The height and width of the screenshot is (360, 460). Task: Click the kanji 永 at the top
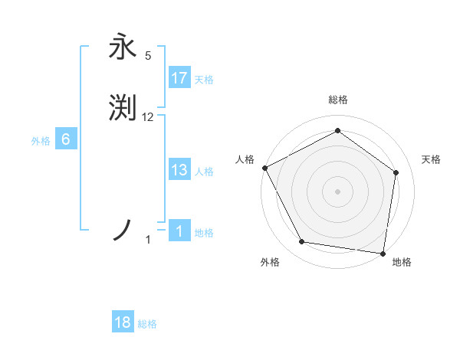click(x=123, y=46)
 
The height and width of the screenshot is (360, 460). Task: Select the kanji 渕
click(x=123, y=108)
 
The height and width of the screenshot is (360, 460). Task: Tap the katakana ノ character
click(x=123, y=230)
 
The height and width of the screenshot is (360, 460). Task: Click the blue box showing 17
click(x=179, y=78)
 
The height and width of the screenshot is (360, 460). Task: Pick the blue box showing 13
click(x=179, y=170)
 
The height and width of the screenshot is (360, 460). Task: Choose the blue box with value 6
click(x=66, y=139)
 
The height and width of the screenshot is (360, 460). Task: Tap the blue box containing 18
click(x=123, y=323)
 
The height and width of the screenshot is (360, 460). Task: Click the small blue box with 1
click(x=179, y=231)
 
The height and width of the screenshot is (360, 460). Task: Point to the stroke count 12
click(x=148, y=117)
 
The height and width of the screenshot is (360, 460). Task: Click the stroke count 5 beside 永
click(x=148, y=56)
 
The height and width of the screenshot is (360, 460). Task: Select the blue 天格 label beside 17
click(x=204, y=80)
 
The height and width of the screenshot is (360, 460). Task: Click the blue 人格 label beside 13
click(x=204, y=172)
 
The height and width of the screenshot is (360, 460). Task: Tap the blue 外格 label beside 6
click(x=41, y=141)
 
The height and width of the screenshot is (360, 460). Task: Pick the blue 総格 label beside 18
click(x=147, y=325)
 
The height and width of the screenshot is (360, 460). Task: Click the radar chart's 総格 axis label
click(x=337, y=100)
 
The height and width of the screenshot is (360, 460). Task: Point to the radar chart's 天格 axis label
click(x=432, y=159)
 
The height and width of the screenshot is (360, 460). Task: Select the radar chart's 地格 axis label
click(x=402, y=263)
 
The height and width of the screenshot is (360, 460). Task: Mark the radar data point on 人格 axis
click(x=264, y=168)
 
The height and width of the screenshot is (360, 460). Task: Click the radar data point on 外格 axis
click(x=302, y=242)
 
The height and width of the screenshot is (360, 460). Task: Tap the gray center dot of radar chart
click(x=337, y=191)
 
